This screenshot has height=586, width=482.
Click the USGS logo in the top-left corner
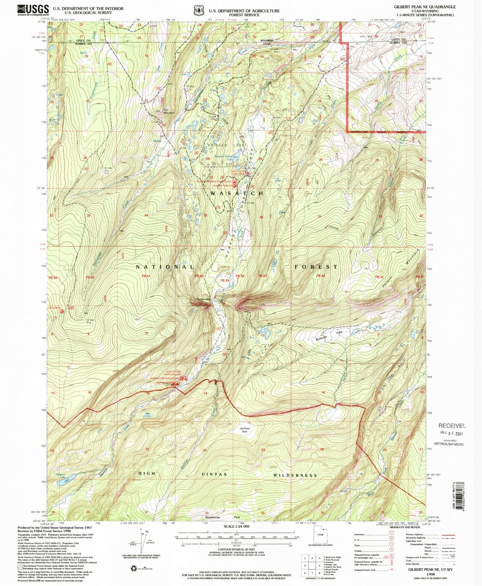click(x=33, y=10)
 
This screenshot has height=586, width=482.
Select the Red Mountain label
click(x=169, y=111)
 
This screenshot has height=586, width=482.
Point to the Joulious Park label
click(x=245, y=430)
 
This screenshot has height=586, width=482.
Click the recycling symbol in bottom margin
click(x=133, y=569)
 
